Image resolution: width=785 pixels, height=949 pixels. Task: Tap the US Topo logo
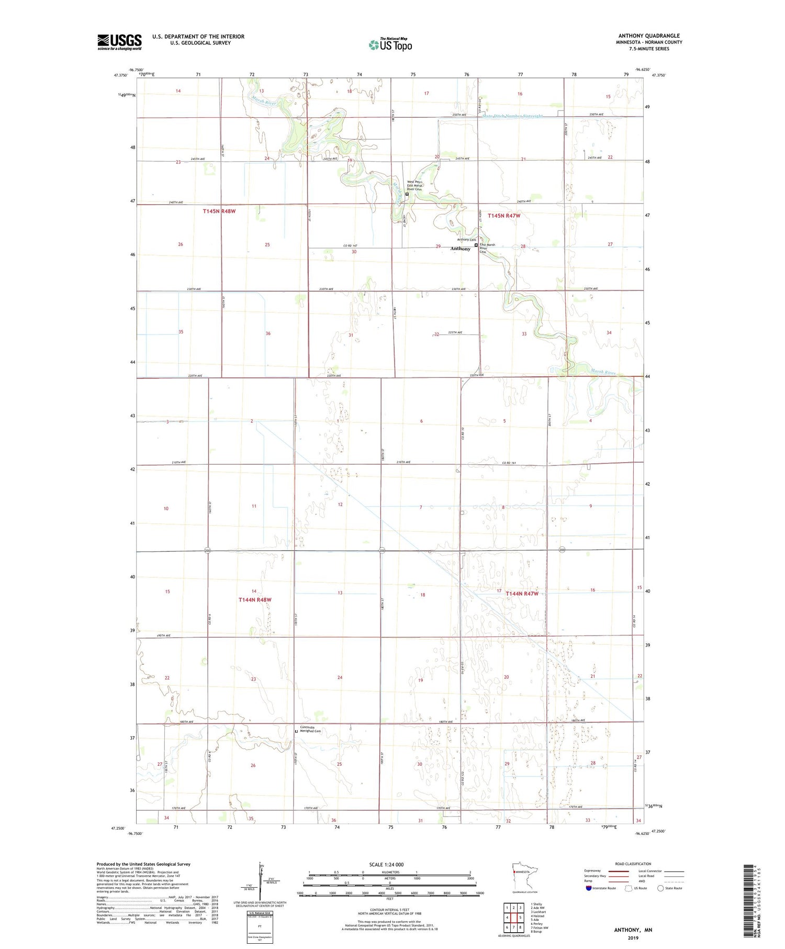click(390, 44)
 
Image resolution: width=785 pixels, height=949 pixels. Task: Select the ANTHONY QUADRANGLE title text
click(649, 36)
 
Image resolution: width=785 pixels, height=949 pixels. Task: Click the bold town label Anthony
click(461, 249)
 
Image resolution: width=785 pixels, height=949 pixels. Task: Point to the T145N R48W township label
click(222, 211)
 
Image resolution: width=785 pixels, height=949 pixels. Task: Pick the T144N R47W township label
click(522, 594)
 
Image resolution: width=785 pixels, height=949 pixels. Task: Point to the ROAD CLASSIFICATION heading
click(633, 864)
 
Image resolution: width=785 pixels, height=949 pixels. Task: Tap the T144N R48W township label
click(255, 600)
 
